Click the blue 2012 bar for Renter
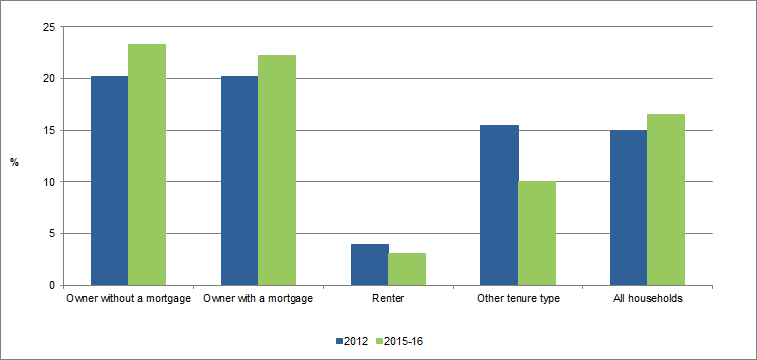[x=369, y=265]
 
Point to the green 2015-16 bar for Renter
[x=407, y=269]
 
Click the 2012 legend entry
[x=347, y=341]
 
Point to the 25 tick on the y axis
[x=48, y=27]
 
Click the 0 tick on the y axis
[x=51, y=286]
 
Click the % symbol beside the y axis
[x=14, y=162]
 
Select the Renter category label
[x=388, y=298]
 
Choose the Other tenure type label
[x=518, y=298]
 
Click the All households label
[x=648, y=298]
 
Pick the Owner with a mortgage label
[x=258, y=298]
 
